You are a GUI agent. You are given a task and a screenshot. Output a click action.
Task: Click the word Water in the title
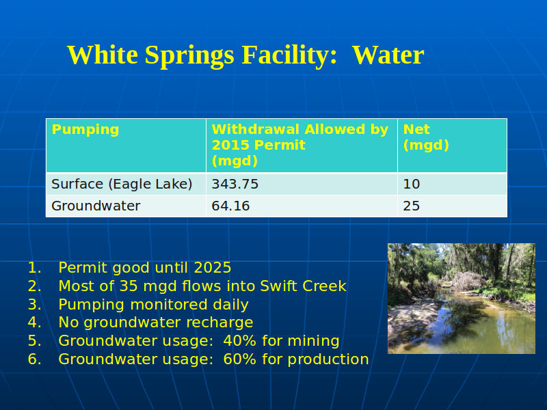(388, 55)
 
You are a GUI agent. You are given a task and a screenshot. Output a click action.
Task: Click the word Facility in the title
(289, 56)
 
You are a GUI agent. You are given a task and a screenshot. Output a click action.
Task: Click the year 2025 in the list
(213, 268)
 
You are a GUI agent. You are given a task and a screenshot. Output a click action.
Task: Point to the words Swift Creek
(303, 286)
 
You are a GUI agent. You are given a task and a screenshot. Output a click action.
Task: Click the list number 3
(35, 304)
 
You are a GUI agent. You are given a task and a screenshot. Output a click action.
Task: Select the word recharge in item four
(219, 323)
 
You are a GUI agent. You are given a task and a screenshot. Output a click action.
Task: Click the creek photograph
(462, 299)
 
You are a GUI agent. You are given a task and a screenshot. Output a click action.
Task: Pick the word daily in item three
(230, 305)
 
